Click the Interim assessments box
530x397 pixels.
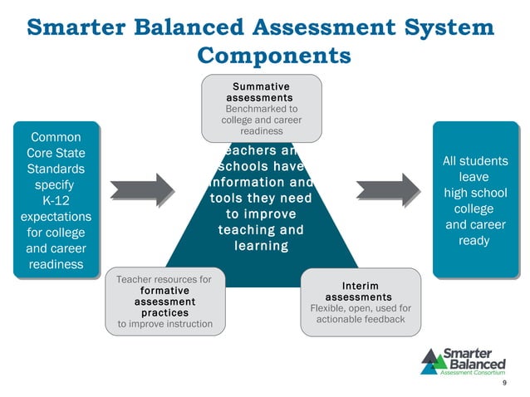[x=359, y=302]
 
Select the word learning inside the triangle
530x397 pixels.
[x=260, y=246]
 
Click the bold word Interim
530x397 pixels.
[x=359, y=286]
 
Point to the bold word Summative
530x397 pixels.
[x=261, y=86]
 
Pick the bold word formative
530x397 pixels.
[x=164, y=292]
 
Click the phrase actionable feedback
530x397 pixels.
[x=360, y=320]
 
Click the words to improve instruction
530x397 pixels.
[x=164, y=324]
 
